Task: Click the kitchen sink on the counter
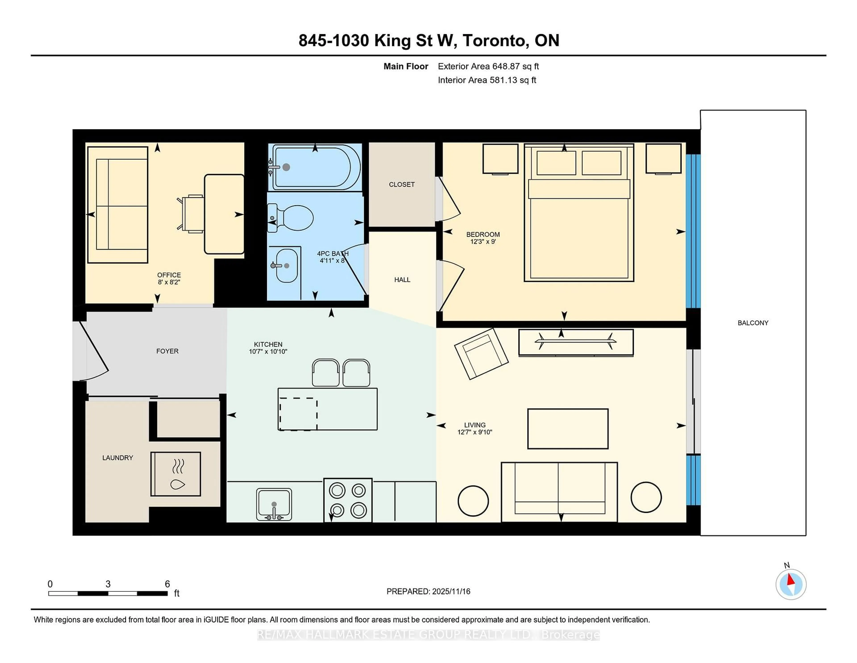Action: point(274,505)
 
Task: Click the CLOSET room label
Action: point(401,184)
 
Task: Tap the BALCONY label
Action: point(753,323)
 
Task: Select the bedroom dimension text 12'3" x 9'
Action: point(483,241)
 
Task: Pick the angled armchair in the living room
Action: point(481,353)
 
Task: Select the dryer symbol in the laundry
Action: point(176,474)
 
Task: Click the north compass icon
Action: point(791,584)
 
